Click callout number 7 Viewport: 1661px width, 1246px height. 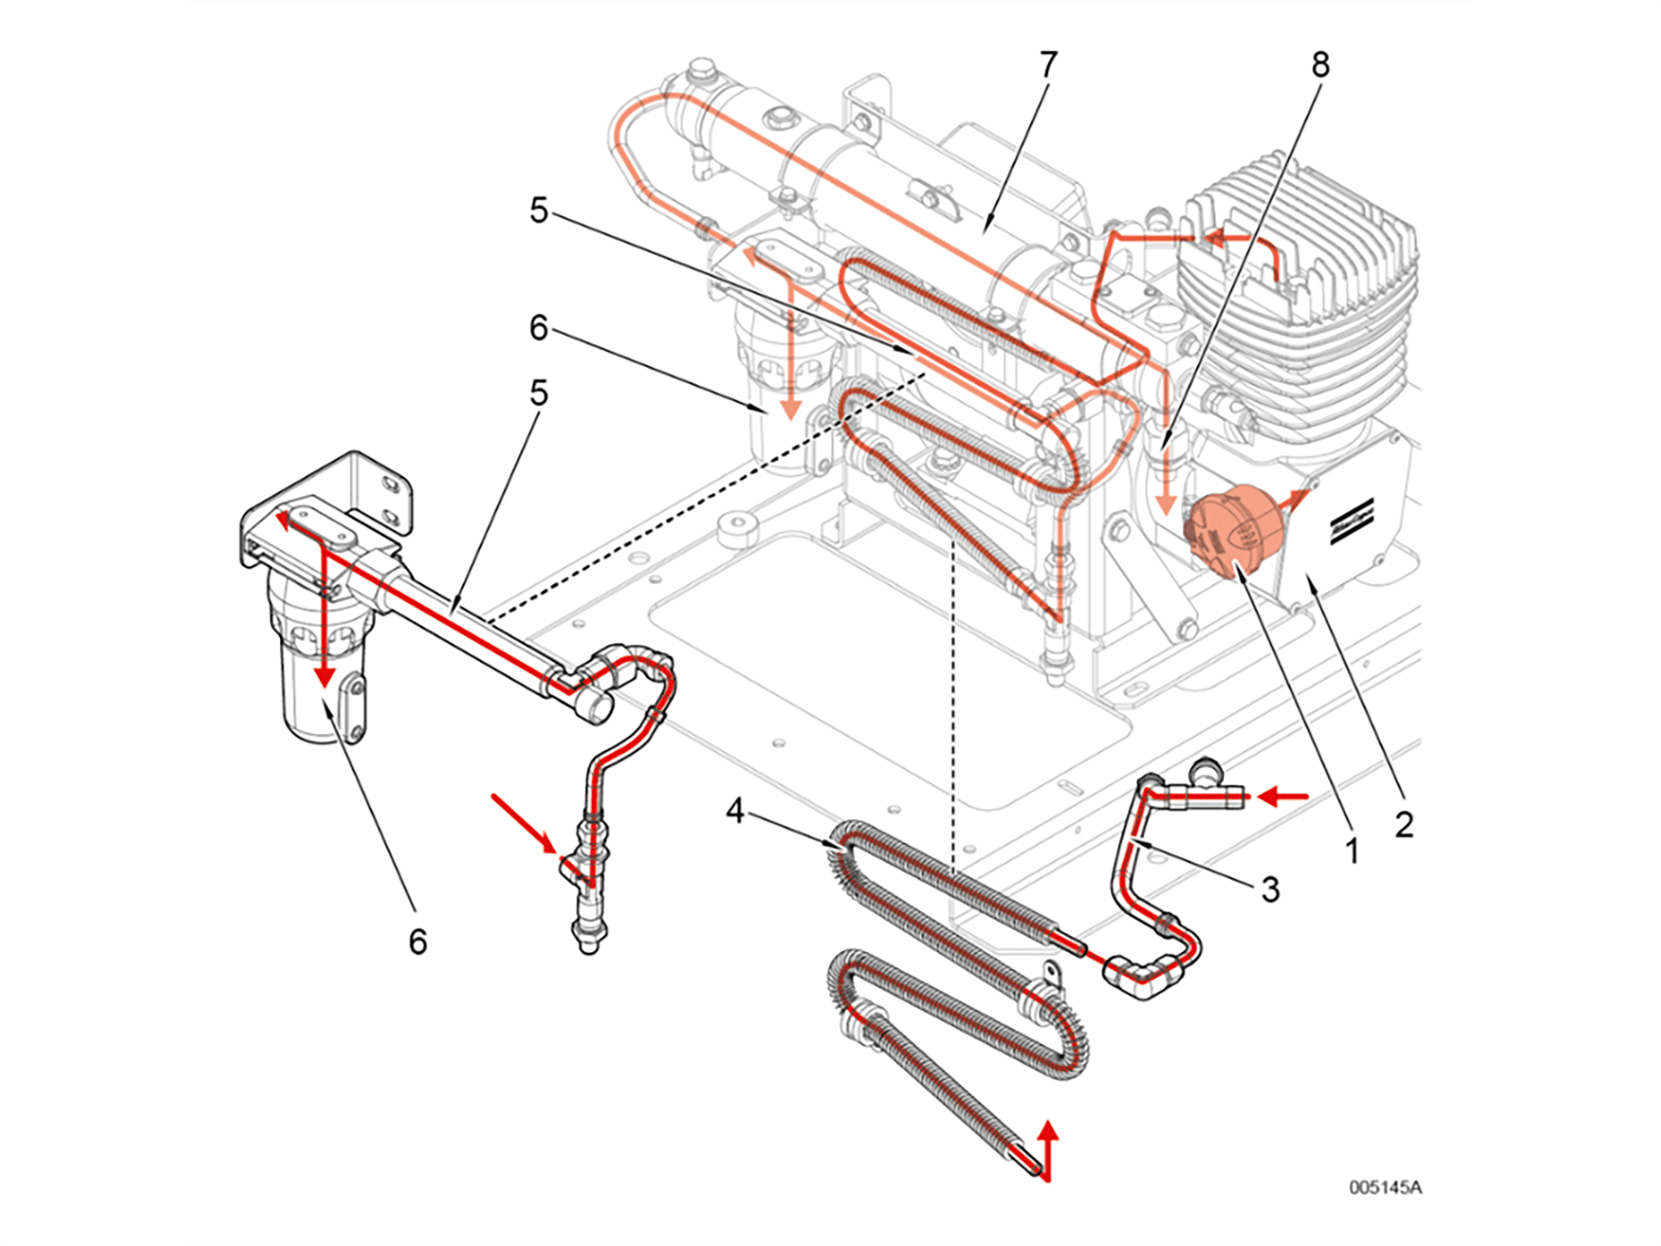(x=1048, y=65)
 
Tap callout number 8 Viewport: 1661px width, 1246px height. (x=1320, y=65)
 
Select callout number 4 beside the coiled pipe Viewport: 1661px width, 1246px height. (x=734, y=810)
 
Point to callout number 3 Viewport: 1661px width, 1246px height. (x=1270, y=890)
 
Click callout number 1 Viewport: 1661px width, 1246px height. (x=1351, y=851)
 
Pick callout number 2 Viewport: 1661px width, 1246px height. (x=1404, y=824)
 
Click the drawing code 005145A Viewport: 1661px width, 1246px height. (x=1384, y=1187)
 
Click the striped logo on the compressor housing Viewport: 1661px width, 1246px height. (x=1352, y=522)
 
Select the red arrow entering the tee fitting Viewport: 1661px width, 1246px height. (x=1283, y=797)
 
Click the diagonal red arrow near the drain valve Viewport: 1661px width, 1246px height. (x=523, y=822)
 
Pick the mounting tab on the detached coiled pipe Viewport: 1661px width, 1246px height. (x=1052, y=973)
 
